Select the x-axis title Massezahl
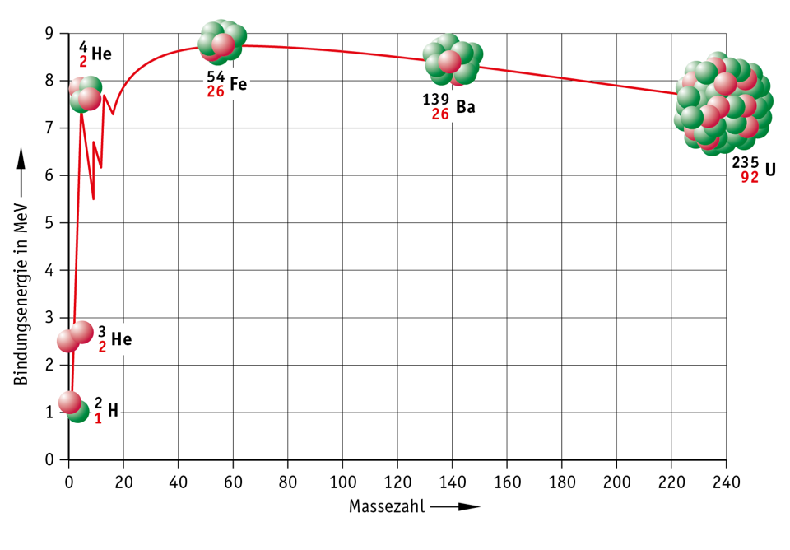387,506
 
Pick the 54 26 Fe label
227,84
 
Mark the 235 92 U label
754,170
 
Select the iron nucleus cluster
221,43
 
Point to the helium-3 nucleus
75,337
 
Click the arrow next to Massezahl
457,506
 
